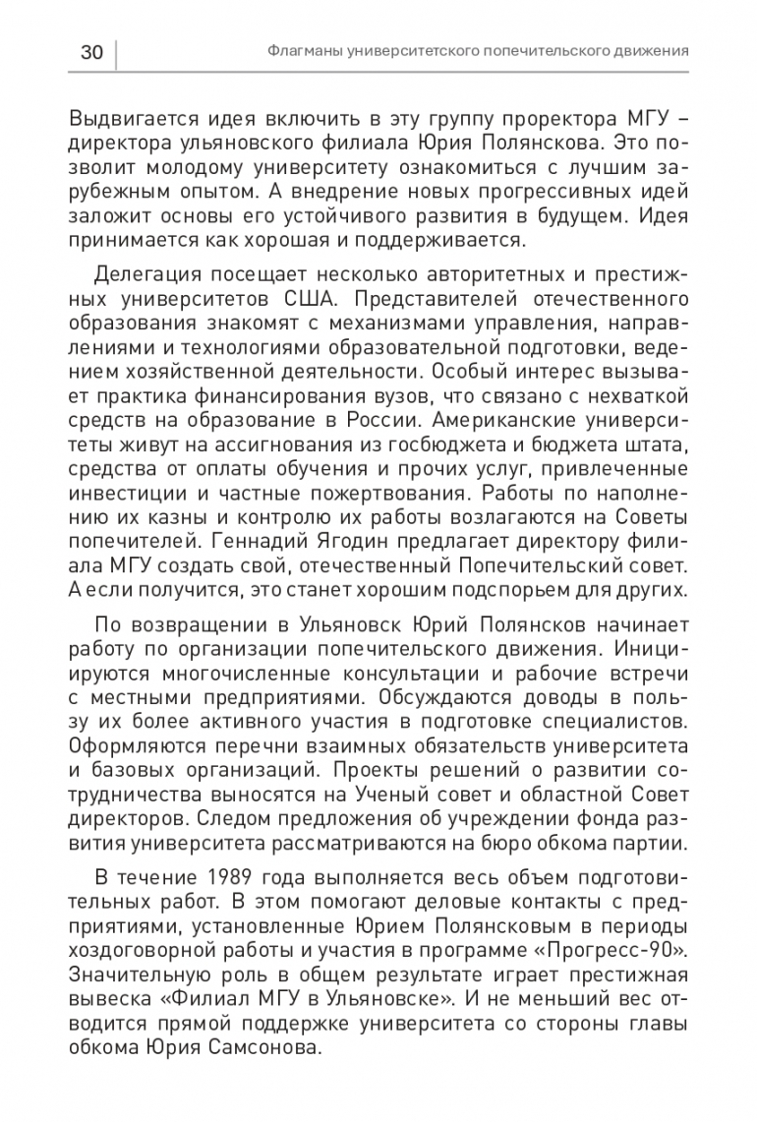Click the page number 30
[x=90, y=52]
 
